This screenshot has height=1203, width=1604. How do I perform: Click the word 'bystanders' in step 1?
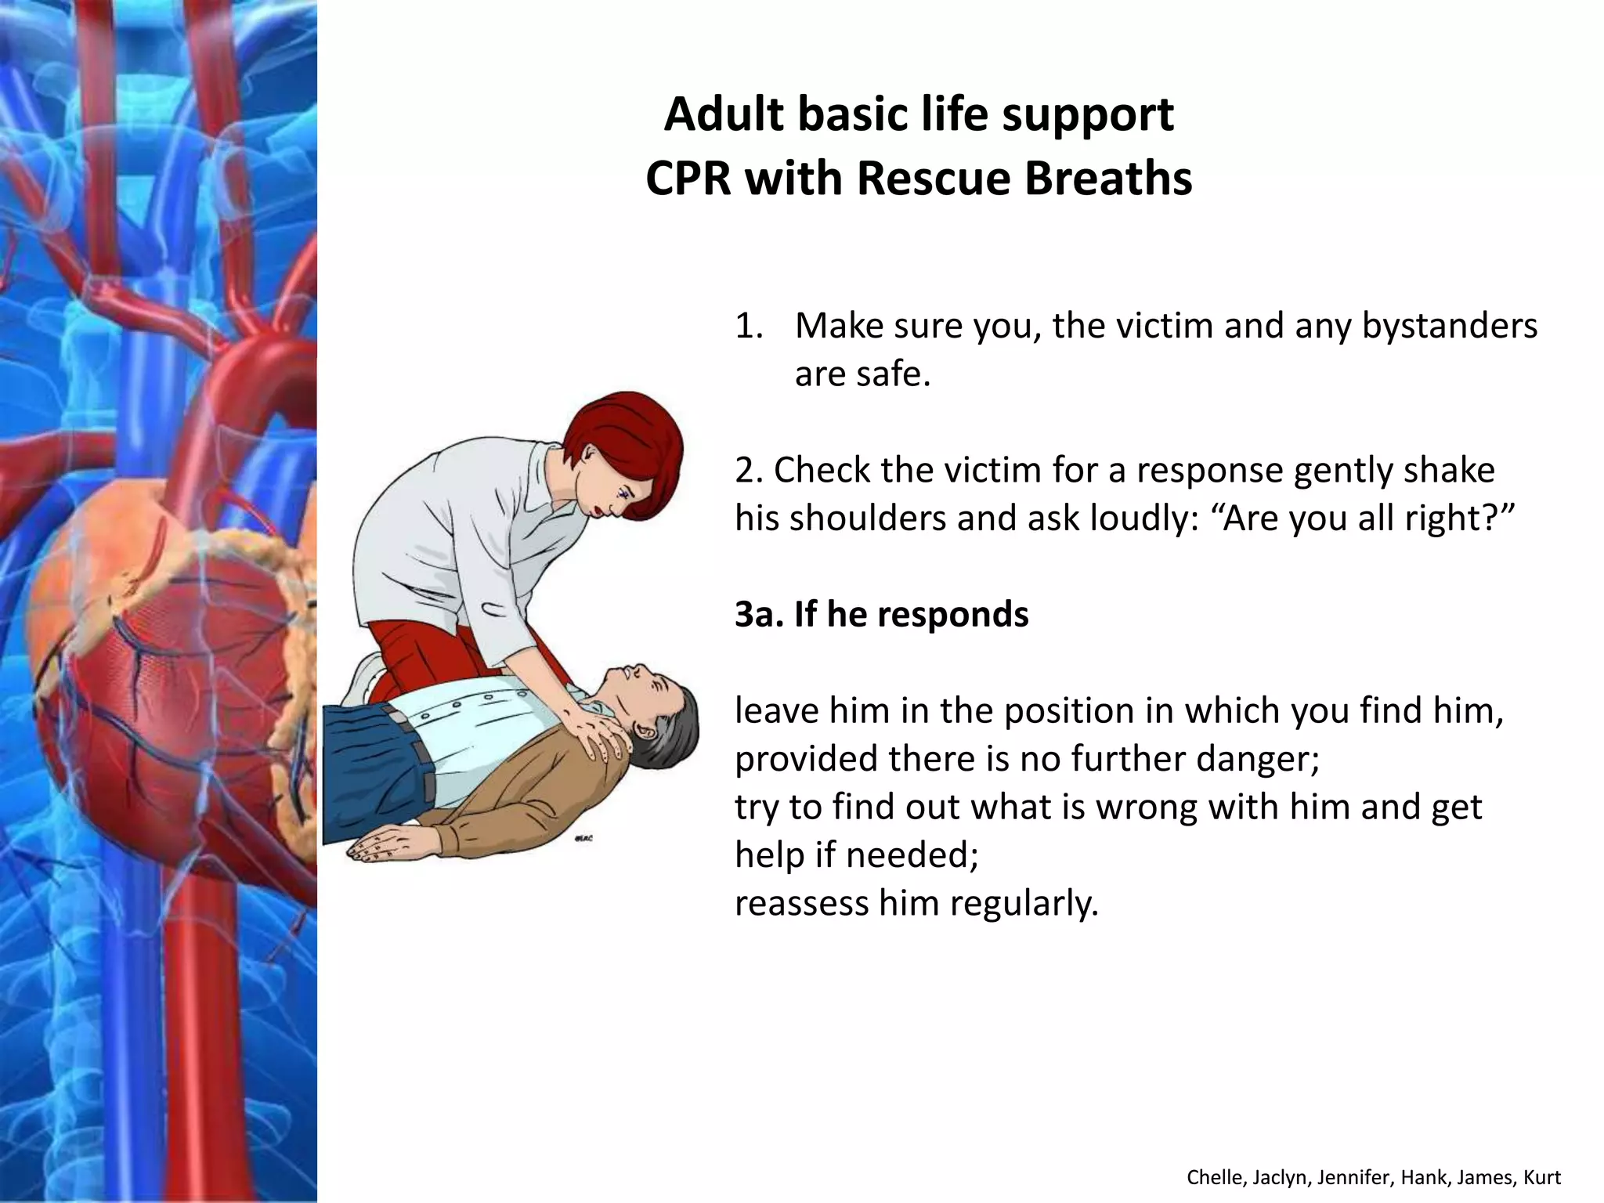(x=1449, y=325)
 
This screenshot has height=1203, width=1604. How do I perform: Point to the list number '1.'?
(x=749, y=326)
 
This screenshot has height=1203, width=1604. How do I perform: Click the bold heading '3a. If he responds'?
(x=881, y=614)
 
